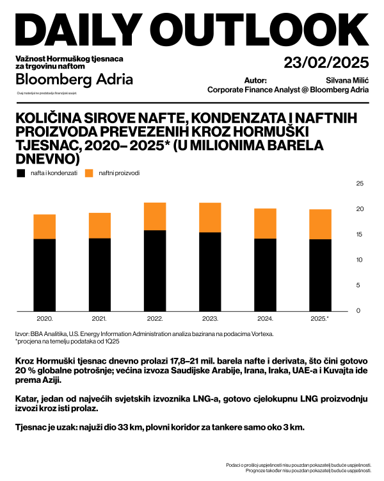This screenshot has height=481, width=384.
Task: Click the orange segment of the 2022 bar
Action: pyautogui.click(x=155, y=216)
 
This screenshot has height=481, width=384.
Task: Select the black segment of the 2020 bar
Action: pyautogui.click(x=44, y=274)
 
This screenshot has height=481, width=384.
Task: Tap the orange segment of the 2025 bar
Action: pyautogui.click(x=321, y=224)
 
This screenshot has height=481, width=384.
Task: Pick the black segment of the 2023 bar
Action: pyautogui.click(x=210, y=271)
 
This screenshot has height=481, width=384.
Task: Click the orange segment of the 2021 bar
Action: pyautogui.click(x=99, y=225)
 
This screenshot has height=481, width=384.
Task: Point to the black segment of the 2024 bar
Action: pyautogui.click(x=265, y=274)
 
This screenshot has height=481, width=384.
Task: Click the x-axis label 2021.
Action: pyautogui.click(x=99, y=319)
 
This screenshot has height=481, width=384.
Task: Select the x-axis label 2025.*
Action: pyautogui.click(x=321, y=319)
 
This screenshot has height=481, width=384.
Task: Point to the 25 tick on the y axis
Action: pyautogui.click(x=359, y=184)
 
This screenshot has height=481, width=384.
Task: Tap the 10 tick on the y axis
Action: pyautogui.click(x=359, y=260)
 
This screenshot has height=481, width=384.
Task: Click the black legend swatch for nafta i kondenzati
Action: pyautogui.click(x=21, y=173)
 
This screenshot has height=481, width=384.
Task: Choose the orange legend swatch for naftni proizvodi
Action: pyautogui.click(x=89, y=173)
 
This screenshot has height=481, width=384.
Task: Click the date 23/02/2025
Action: pyautogui.click(x=327, y=63)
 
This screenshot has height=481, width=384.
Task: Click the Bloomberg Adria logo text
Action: pyautogui.click(x=74, y=80)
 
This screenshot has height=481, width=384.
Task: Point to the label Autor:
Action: pyautogui.click(x=255, y=81)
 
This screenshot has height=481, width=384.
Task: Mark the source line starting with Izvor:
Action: pyautogui.click(x=145, y=334)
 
